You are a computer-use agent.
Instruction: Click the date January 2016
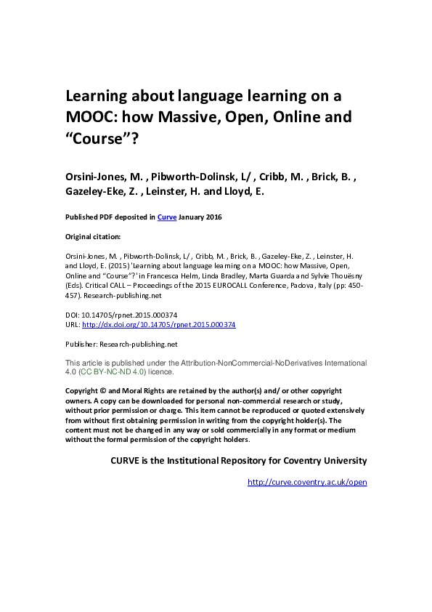pyautogui.click(x=200, y=217)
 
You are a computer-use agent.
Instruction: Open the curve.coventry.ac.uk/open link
pyautogui.click(x=307, y=482)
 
